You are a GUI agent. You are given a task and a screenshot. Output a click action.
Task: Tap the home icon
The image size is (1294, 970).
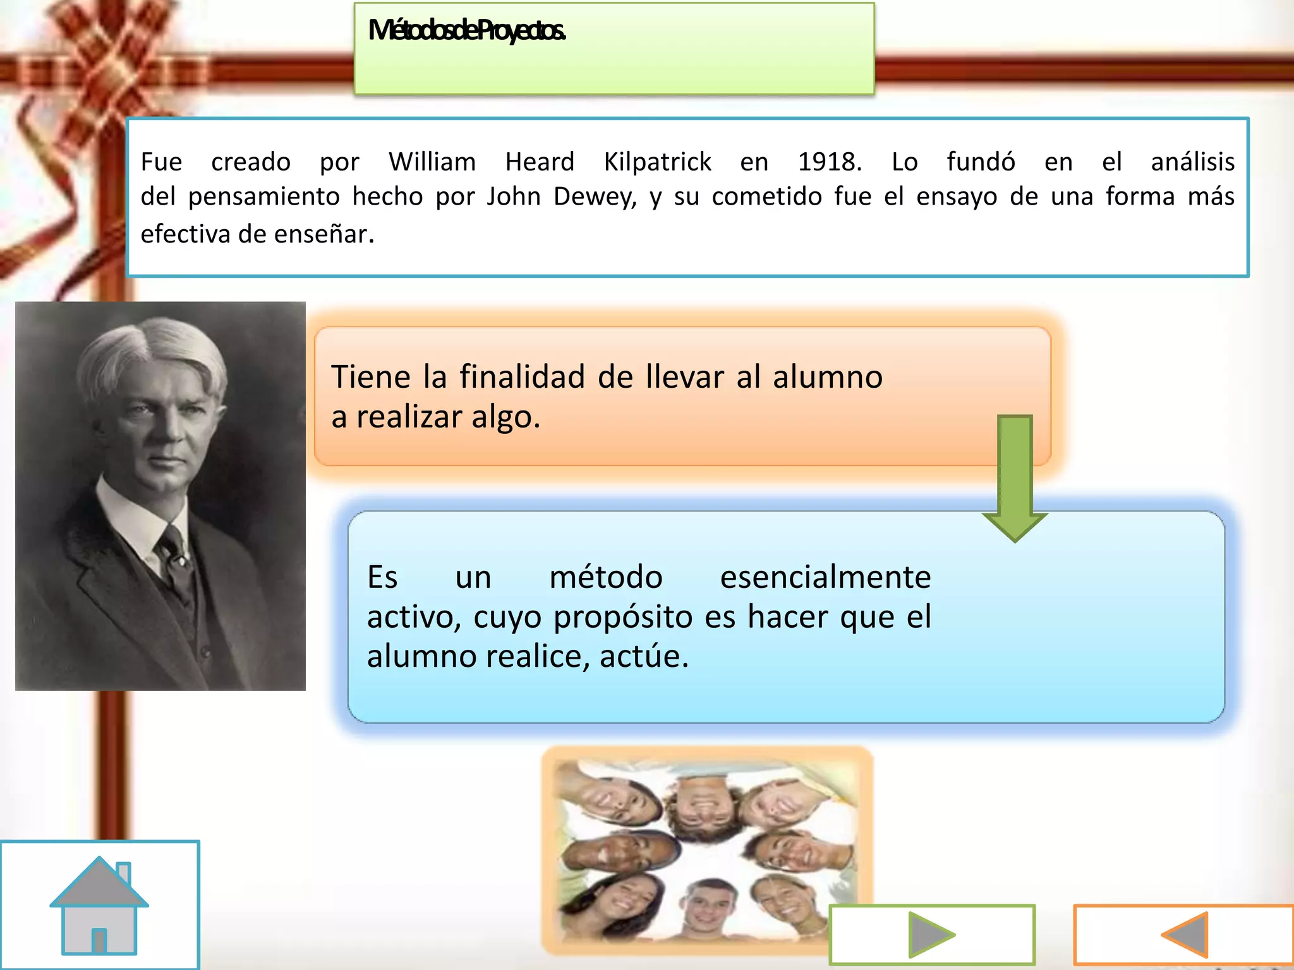tap(99, 906)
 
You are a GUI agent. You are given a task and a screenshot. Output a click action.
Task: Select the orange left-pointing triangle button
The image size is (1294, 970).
tap(1186, 934)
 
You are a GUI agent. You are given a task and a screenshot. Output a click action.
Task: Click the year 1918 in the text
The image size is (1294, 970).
tap(830, 162)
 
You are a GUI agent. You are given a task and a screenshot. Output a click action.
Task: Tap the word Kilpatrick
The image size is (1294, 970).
tap(657, 162)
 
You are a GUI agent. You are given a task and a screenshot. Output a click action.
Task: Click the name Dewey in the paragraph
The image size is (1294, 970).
tap(595, 197)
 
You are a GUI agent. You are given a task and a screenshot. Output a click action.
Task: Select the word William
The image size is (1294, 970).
tap(432, 162)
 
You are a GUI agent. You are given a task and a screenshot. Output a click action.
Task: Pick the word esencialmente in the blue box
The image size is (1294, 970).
tap(825, 577)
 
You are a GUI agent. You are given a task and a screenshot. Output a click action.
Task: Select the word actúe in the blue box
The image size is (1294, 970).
tap(644, 656)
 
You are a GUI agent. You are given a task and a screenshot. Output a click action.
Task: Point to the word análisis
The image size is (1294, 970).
tap(1192, 162)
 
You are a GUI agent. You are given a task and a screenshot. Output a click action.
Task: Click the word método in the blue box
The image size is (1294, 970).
tap(605, 577)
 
